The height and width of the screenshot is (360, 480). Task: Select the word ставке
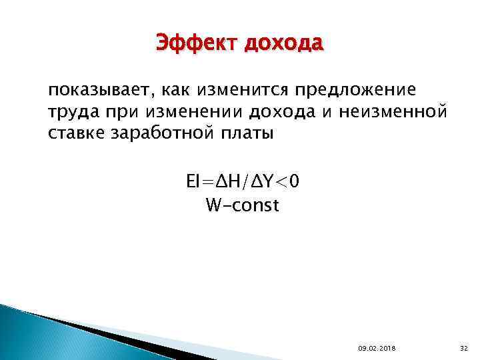tap(79, 134)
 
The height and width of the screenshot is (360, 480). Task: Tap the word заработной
tap(166, 134)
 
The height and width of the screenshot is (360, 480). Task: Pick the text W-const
tap(243, 205)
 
